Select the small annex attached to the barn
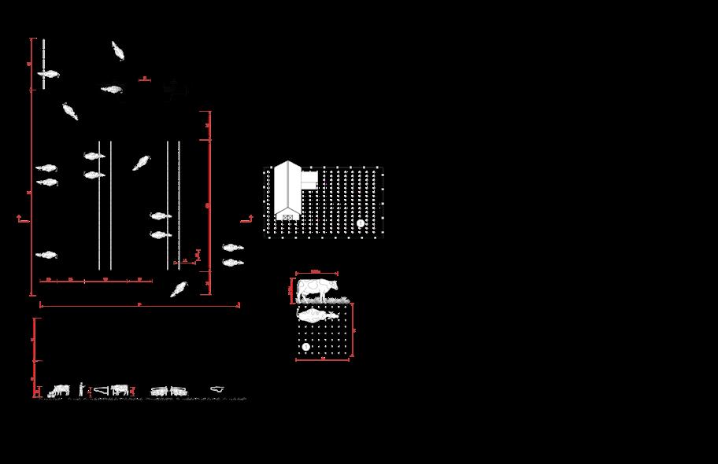[x=309, y=179]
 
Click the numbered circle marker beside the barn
[x=361, y=223]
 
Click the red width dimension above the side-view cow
[x=315, y=274]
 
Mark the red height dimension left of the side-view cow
[x=291, y=291]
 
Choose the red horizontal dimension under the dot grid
[x=323, y=360]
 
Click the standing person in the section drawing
[x=80, y=388]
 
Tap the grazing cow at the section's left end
[x=59, y=389]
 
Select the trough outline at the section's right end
[x=217, y=389]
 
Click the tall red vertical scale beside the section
[x=35, y=358]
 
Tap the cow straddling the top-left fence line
[x=48, y=75]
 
